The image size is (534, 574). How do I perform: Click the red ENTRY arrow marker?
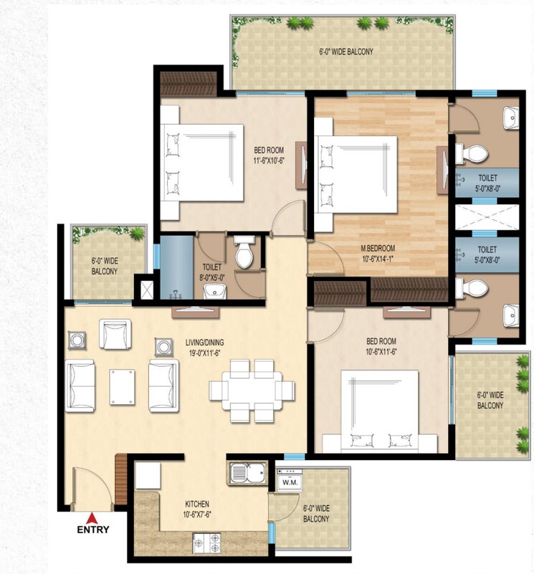point(91,518)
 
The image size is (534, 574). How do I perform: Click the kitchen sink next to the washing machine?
point(248,474)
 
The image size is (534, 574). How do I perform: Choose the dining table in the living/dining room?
point(252,390)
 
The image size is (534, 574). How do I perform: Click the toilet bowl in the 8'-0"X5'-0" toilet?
point(244,254)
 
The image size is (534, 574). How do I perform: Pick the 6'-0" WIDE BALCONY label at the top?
point(346,52)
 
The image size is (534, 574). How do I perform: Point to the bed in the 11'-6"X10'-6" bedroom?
point(203,164)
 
